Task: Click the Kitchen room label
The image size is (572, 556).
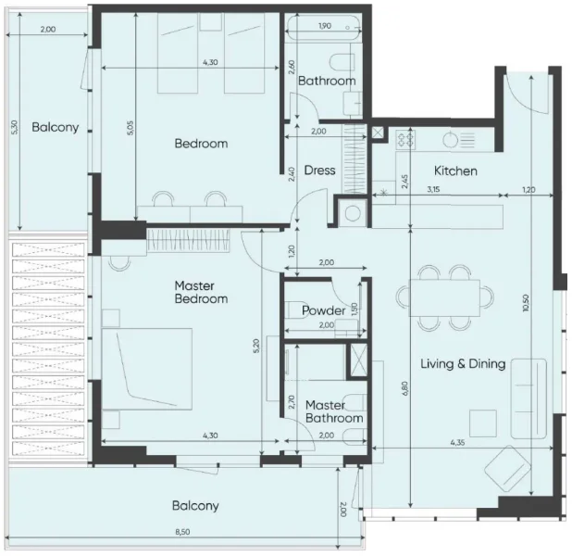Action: tap(455, 171)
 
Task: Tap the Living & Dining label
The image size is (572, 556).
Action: tap(463, 363)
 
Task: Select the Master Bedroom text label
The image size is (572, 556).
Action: tap(201, 292)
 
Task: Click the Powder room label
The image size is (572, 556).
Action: tap(323, 310)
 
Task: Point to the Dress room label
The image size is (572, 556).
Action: tap(319, 171)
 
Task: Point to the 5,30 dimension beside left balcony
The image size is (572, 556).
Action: tap(14, 127)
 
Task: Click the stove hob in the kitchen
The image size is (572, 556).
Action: tap(405, 139)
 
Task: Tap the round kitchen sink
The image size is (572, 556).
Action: tap(450, 140)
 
